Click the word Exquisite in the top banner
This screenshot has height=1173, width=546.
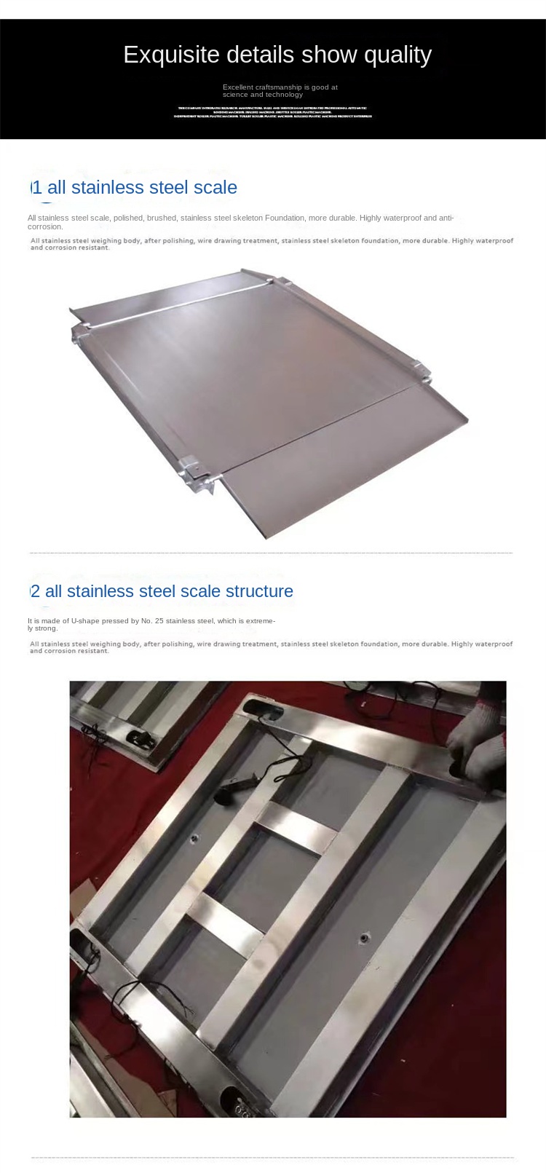coord(171,55)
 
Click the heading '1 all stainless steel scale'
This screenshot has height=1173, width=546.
coord(135,187)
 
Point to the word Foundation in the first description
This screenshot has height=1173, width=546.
coord(285,218)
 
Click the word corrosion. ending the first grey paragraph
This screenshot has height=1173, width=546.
coord(45,226)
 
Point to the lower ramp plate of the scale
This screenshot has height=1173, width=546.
coord(342,459)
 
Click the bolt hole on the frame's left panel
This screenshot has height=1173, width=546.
coord(195,839)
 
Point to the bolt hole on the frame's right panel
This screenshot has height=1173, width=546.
coord(362,939)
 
